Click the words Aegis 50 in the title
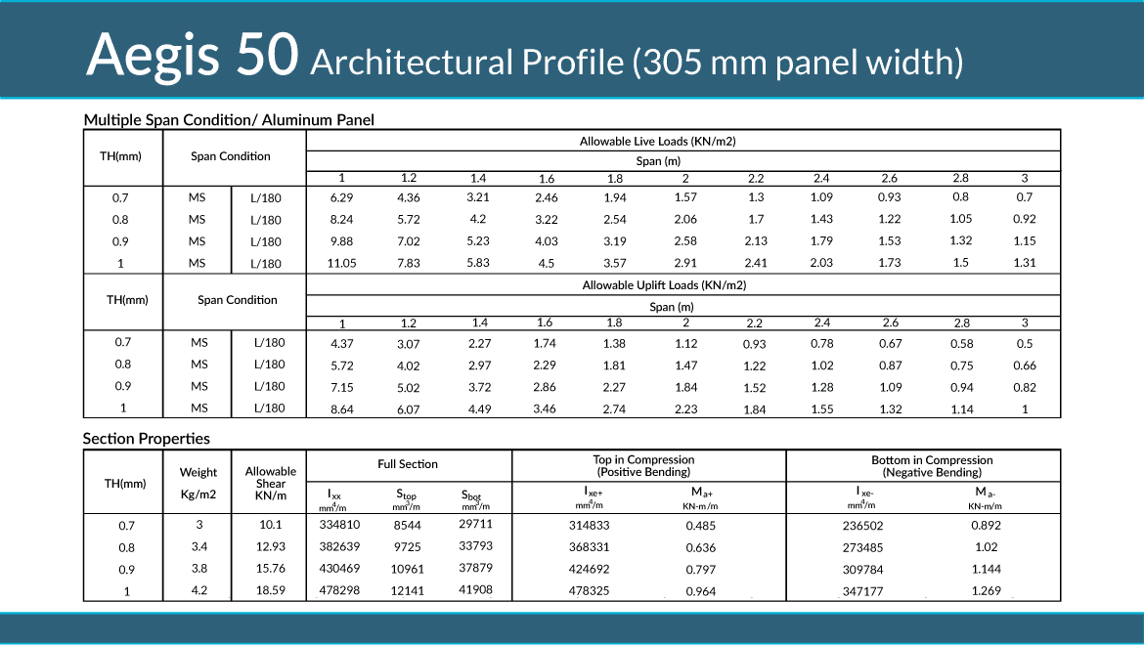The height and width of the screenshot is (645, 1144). tap(192, 55)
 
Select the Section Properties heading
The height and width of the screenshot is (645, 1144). tap(147, 439)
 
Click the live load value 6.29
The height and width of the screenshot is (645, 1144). tap(341, 198)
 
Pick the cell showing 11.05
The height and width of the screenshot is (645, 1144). tap(341, 263)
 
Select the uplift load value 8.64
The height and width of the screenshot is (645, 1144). tap(341, 408)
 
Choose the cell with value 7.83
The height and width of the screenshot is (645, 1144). tap(409, 263)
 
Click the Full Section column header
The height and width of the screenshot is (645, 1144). tap(408, 464)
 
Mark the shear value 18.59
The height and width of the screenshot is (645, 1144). tap(271, 591)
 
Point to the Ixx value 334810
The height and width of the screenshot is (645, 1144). tap(339, 526)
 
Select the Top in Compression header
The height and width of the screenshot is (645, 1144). tap(643, 466)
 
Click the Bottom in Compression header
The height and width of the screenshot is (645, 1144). tap(932, 466)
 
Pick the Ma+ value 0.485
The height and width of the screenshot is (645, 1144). tap(700, 526)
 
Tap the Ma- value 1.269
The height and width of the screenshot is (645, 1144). tap(987, 591)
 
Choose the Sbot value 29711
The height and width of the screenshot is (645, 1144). tap(475, 526)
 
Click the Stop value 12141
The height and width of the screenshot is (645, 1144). tap(407, 591)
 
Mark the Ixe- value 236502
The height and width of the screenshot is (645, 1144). tap(862, 526)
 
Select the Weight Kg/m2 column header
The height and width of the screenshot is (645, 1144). tap(198, 483)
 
